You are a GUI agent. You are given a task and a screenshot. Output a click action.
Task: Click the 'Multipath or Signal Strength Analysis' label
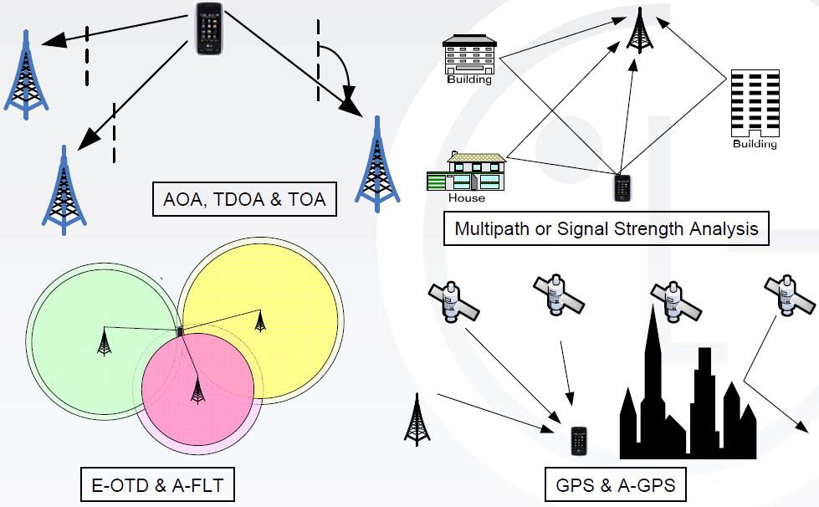(606, 228)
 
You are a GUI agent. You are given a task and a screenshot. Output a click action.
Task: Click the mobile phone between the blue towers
(208, 28)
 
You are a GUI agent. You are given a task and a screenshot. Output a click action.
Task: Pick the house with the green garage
(467, 173)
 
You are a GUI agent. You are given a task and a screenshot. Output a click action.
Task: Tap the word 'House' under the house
(466, 198)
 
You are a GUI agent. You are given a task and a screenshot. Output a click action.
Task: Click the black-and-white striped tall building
(754, 103)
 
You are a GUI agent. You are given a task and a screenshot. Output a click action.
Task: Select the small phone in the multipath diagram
(622, 187)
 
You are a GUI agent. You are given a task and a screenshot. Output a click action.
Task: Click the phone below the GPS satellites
(578, 441)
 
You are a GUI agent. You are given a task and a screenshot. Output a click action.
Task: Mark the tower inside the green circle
(104, 342)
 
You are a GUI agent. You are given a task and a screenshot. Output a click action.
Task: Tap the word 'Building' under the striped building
(754, 144)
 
